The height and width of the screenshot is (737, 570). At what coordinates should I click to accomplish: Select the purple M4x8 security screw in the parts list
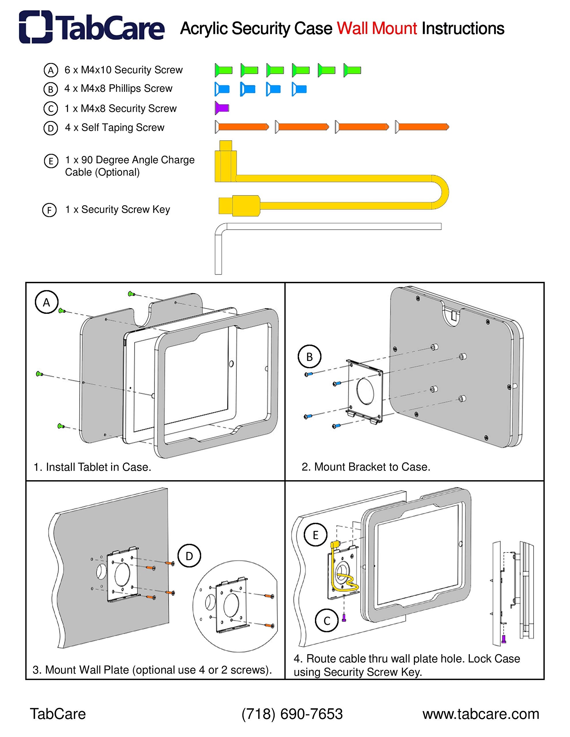[x=222, y=108]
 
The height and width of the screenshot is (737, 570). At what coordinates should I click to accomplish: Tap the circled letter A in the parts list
[x=51, y=70]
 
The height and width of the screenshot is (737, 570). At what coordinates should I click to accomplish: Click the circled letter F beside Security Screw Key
[x=49, y=210]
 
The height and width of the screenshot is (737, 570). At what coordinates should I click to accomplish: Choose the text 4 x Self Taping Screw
[x=114, y=128]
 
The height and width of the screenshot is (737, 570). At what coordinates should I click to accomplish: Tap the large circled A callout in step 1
[x=47, y=302]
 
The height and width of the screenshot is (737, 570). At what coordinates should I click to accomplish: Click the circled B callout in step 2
[x=309, y=357]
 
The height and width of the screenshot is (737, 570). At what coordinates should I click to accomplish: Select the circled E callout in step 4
[x=315, y=535]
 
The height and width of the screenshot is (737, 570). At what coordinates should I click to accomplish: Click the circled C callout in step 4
[x=326, y=621]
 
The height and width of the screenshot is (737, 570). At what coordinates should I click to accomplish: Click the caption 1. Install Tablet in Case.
[x=92, y=467]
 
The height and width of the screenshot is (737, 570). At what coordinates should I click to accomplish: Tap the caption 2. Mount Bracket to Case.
[x=366, y=467]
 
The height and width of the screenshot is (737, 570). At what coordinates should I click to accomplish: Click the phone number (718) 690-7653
[x=292, y=714]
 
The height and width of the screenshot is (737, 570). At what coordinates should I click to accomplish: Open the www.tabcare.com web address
[x=480, y=714]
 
